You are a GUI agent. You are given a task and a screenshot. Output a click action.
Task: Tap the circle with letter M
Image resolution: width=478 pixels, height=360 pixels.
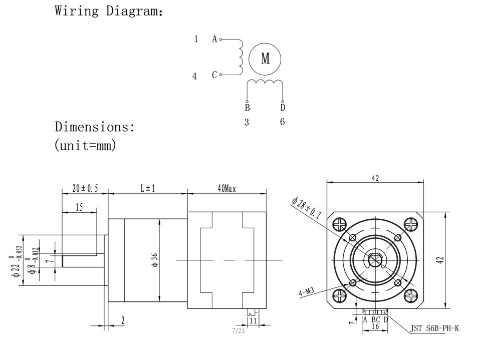click(265, 59)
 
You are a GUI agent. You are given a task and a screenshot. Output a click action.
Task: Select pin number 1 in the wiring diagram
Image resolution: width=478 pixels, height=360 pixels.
click(196, 39)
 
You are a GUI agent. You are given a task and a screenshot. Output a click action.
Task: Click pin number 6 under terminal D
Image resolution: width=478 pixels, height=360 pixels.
click(283, 122)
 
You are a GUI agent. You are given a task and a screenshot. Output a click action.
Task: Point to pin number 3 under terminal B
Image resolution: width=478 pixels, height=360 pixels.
click(247, 122)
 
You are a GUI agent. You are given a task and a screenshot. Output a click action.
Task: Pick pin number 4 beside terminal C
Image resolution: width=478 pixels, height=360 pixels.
click(195, 77)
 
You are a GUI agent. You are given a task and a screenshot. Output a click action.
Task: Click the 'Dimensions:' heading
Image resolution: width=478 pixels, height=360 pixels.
click(95, 127)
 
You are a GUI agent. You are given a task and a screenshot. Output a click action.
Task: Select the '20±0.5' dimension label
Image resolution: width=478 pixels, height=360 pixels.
click(85, 188)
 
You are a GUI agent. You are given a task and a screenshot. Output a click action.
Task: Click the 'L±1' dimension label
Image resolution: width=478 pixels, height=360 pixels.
click(147, 188)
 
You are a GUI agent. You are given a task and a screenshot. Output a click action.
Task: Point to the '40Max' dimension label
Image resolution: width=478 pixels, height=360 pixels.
click(226, 188)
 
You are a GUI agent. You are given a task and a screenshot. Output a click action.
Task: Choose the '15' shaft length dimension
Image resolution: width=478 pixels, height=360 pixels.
click(79, 207)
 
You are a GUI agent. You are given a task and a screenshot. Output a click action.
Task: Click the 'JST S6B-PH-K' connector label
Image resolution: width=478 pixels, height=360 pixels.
click(434, 328)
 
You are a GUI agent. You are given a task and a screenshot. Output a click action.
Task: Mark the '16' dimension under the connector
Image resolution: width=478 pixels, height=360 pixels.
click(375, 326)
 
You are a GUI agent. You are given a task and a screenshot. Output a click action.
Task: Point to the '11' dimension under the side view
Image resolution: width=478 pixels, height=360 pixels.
click(254, 320)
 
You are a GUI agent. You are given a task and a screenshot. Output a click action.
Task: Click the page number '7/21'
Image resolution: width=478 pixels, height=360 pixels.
click(238, 331)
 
